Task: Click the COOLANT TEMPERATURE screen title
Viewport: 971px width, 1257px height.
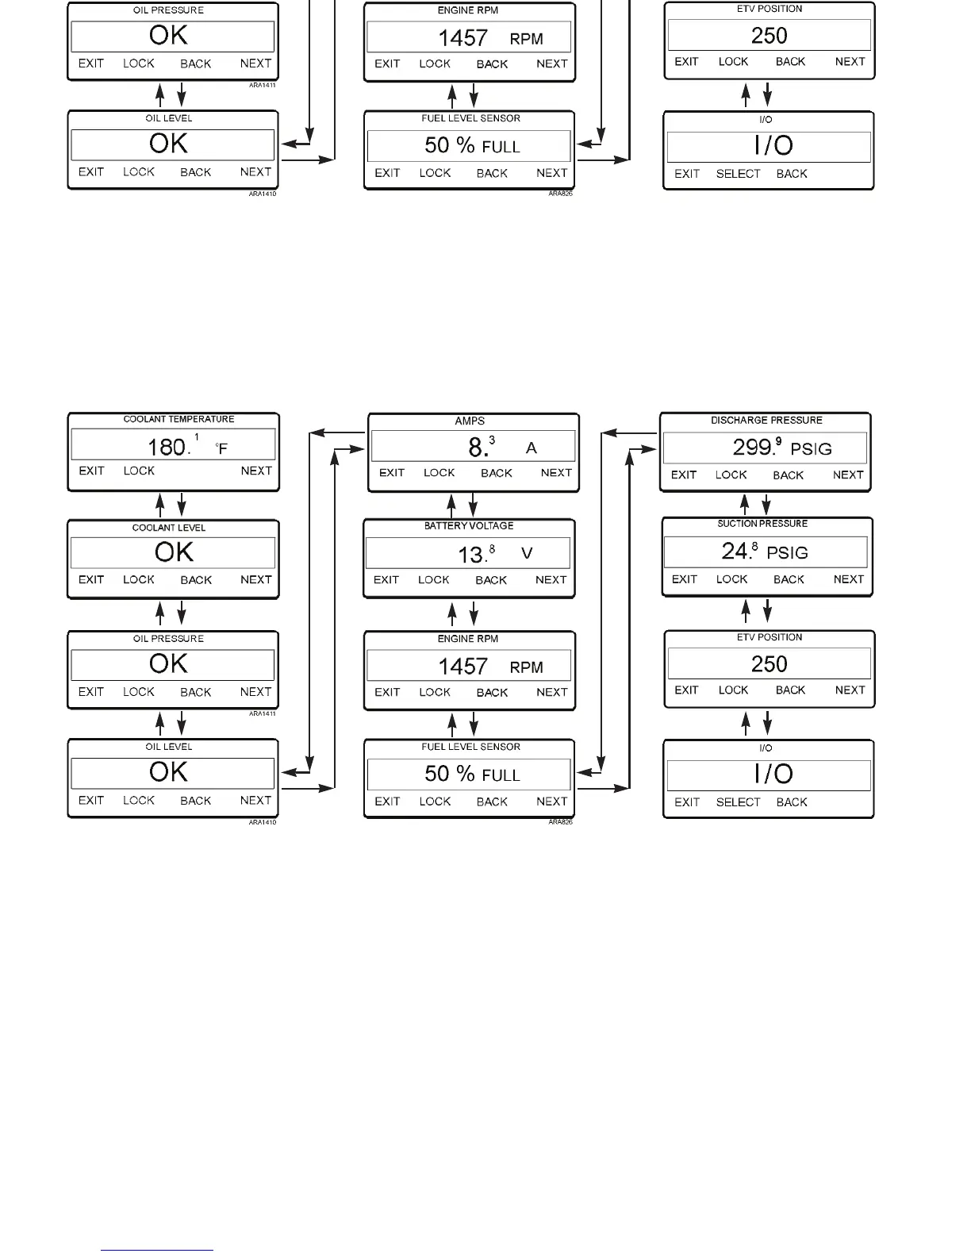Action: pos(178,419)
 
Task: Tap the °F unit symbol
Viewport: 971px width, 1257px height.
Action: pos(221,448)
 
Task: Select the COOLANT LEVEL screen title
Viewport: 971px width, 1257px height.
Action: pos(169,528)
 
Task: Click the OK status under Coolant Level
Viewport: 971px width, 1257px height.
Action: pos(174,552)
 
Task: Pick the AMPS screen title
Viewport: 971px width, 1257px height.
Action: pos(470,421)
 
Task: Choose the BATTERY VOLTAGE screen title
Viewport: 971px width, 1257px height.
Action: pos(469,526)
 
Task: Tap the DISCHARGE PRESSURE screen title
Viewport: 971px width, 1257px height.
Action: pos(766,420)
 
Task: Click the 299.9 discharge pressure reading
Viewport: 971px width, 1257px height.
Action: pos(757,448)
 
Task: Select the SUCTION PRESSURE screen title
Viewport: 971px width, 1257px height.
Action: pos(762,524)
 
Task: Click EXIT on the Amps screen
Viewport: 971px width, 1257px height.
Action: pos(392,473)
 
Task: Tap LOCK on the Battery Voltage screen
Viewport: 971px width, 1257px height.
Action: pos(434,580)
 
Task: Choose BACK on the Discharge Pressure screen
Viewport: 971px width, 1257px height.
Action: pos(789,475)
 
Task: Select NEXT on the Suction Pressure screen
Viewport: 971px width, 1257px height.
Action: pos(849,579)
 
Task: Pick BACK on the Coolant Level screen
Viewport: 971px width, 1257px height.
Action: pos(196,580)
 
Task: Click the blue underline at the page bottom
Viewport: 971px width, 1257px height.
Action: pos(157,1251)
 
